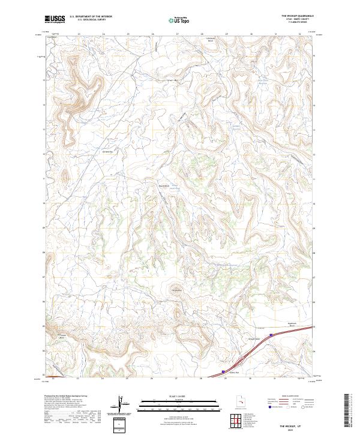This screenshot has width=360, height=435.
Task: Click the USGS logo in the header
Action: click(x=55, y=19)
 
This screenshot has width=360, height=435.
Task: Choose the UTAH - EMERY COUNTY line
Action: click(x=300, y=20)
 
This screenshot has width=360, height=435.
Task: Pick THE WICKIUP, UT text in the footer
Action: click(x=299, y=424)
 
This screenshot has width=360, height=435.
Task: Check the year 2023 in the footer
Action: click(x=299, y=428)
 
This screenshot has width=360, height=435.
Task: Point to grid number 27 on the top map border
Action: click(x=176, y=34)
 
